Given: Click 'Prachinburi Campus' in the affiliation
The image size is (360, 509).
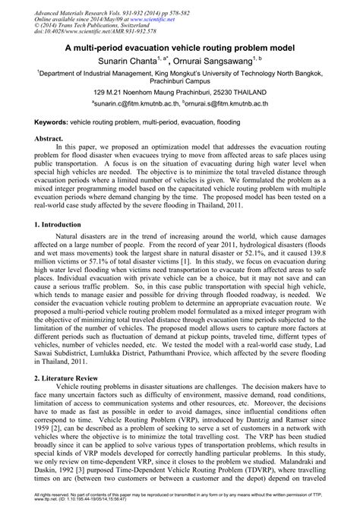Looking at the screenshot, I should (180, 77).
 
